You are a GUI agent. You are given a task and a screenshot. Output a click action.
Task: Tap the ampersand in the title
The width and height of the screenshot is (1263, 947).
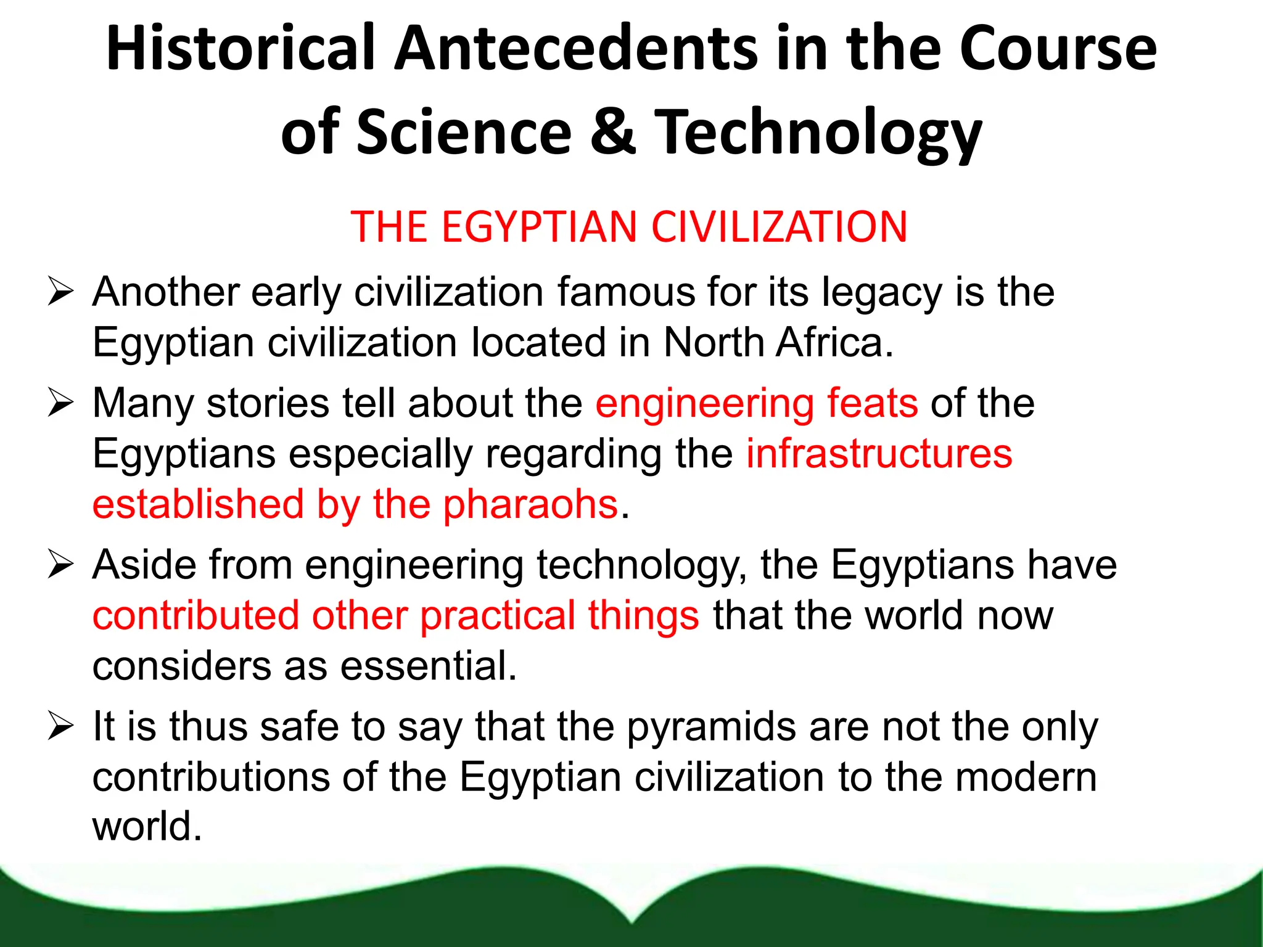click(612, 131)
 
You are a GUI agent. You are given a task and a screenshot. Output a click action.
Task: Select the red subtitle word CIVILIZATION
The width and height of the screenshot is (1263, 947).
click(780, 227)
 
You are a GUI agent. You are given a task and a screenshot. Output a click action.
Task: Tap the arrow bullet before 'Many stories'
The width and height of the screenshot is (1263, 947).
click(60, 403)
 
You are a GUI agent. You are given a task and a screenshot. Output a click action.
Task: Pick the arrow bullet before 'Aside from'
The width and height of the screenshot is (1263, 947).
click(60, 565)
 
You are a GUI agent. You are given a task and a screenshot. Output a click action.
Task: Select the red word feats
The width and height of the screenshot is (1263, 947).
click(872, 403)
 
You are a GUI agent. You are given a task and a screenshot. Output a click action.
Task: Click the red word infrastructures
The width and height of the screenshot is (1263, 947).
click(879, 454)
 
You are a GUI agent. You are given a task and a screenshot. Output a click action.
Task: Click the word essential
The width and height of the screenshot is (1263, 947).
click(428, 666)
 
